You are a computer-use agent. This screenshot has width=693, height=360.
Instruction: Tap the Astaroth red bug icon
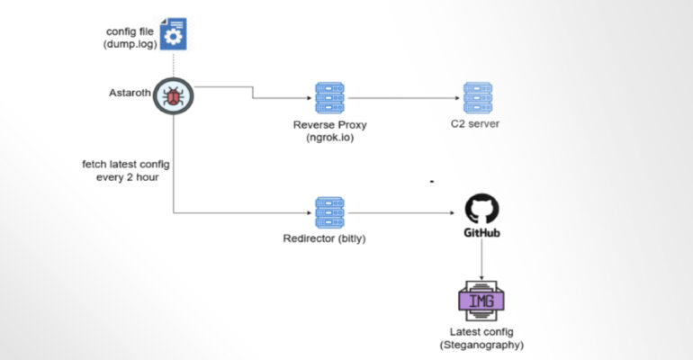(172, 94)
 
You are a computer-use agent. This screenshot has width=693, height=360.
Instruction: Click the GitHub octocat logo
(481, 209)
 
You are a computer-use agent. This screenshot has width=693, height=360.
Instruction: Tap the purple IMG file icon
(481, 300)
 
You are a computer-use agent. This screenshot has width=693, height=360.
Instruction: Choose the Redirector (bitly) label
(324, 240)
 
